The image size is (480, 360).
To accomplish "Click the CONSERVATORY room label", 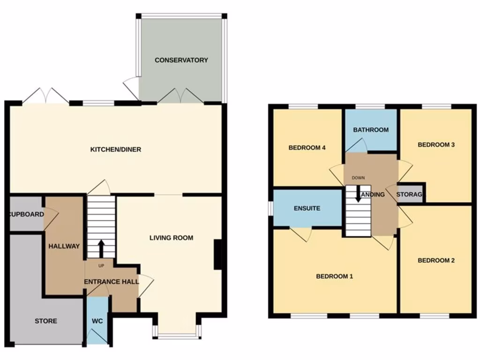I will click(181, 60).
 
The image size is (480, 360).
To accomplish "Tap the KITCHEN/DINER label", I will click(115, 150).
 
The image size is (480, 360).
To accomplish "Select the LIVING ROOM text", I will click(171, 238).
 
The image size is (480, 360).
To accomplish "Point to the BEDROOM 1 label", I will click(334, 276).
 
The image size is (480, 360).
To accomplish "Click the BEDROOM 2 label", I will click(436, 260).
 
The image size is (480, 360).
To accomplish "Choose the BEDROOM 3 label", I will click(436, 144).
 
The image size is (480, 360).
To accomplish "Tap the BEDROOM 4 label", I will click(307, 148).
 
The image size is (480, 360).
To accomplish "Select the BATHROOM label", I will click(371, 130).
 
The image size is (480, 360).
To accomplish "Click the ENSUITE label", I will click(307, 208).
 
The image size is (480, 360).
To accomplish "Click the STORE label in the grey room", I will click(46, 321).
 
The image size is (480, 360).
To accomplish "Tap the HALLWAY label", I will click(64, 246).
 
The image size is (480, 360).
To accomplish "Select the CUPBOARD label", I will click(26, 215).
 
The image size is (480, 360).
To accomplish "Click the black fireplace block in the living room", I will click(218, 255).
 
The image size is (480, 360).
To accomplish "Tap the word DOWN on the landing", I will click(358, 178).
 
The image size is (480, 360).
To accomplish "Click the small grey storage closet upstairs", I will click(410, 194).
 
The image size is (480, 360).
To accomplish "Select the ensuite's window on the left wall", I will click(270, 208).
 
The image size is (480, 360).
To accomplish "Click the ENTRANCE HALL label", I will click(112, 282).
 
